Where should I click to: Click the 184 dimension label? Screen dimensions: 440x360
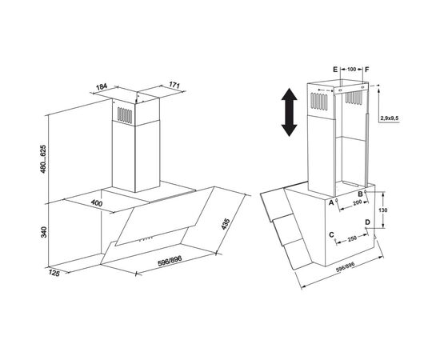pyautogui.click(x=102, y=86)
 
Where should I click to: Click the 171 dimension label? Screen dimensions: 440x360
pyautogui.click(x=174, y=85)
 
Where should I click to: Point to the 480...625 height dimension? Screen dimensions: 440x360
pyautogui.click(x=43, y=159)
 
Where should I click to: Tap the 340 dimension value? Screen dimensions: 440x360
pyautogui.click(x=43, y=232)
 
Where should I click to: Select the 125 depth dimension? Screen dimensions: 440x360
pyautogui.click(x=54, y=273)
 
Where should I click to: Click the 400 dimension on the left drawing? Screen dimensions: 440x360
pyautogui.click(x=97, y=203)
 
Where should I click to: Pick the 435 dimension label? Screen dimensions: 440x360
pyautogui.click(x=226, y=224)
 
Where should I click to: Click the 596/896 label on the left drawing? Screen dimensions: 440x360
pyautogui.click(x=170, y=261)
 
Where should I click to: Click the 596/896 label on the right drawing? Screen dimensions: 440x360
pyautogui.click(x=346, y=267)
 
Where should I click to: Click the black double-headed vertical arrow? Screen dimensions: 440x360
pyautogui.click(x=290, y=112)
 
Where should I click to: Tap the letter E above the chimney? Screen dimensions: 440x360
pyautogui.click(x=335, y=70)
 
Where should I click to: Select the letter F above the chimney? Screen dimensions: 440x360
pyautogui.click(x=367, y=70)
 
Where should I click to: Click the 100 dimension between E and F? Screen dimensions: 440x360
pyautogui.click(x=352, y=69)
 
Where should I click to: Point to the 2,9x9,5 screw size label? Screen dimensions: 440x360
pyautogui.click(x=390, y=118)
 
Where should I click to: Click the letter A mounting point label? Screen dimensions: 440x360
pyautogui.click(x=331, y=202)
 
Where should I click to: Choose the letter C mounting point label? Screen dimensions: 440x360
pyautogui.click(x=331, y=234)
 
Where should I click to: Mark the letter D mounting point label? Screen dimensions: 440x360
pyautogui.click(x=368, y=222)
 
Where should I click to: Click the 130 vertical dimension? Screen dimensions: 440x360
pyautogui.click(x=382, y=210)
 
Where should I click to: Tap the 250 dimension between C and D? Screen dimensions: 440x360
pyautogui.click(x=352, y=238)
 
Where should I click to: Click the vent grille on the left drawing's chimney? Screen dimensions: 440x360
pyautogui.click(x=125, y=115)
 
